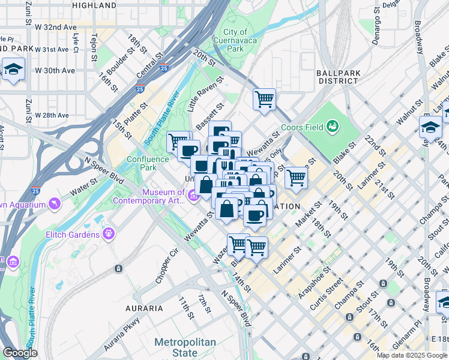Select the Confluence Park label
click(142, 164)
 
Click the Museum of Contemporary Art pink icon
click(193, 196)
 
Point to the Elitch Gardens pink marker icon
click(108, 233)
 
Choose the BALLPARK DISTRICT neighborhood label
click(339, 76)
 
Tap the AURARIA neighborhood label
click(143, 308)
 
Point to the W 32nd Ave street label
click(56, 28)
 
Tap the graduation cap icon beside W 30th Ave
click(13, 68)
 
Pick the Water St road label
click(85, 181)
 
